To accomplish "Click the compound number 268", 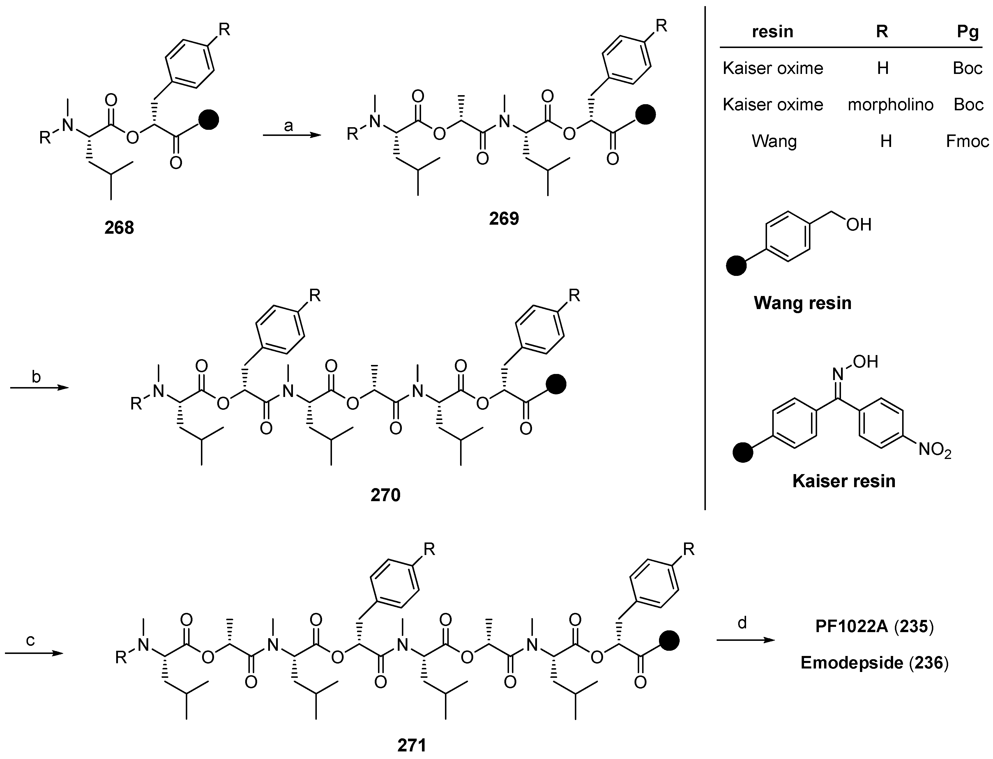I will tap(119, 228).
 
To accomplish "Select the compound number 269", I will tap(504, 219).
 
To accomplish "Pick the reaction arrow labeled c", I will tap(34, 653).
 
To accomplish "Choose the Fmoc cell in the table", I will tap(967, 141).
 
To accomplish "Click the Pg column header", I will tap(968, 32).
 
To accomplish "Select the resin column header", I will tap(773, 32).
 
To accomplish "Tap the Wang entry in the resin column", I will tap(774, 141).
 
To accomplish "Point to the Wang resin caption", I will tap(802, 303).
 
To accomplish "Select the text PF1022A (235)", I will tap(874, 627).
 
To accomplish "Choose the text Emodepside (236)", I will tap(874, 663).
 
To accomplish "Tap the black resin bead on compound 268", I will tap(209, 120).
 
